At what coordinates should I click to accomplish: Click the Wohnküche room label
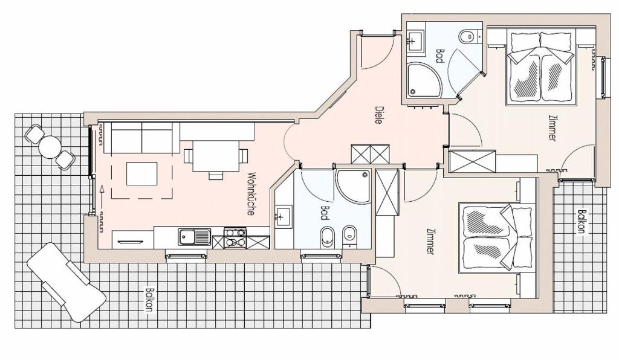pyautogui.click(x=251, y=194)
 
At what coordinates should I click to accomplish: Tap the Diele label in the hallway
pyautogui.click(x=378, y=115)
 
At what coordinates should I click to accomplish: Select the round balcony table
pyautogui.click(x=50, y=147)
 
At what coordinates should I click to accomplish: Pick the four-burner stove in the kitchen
pyautogui.click(x=235, y=238)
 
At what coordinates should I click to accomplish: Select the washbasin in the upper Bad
pyautogui.click(x=415, y=40)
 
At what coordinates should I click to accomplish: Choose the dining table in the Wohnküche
pyautogui.click(x=216, y=156)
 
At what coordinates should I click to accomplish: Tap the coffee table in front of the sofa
pyautogui.click(x=141, y=173)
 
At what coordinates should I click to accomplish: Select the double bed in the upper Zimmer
pyautogui.click(x=540, y=68)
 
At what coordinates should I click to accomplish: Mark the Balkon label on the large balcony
pyautogui.click(x=149, y=299)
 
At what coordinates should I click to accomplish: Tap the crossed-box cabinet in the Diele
pyautogui.click(x=371, y=154)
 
